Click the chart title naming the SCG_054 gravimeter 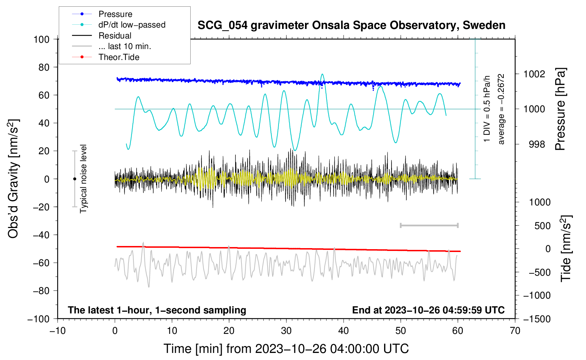351,25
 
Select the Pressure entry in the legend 115,14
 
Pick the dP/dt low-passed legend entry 132,25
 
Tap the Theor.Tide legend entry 119,57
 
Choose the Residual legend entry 115,36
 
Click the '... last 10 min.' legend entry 125,46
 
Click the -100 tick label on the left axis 39,319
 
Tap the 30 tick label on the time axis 286,331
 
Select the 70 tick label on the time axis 515,331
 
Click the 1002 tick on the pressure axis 534,74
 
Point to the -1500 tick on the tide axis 537,319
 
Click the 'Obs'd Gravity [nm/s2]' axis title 13,179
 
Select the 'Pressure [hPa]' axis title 560,109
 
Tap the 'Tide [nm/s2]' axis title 566,248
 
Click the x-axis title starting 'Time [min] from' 286,349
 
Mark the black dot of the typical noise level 74,179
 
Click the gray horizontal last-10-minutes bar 429,226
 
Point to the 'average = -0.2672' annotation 501,109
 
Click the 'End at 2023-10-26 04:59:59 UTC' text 428,310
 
